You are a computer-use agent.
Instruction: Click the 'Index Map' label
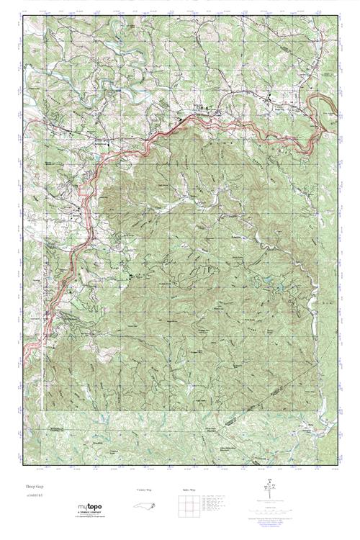(x=188, y=490)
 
